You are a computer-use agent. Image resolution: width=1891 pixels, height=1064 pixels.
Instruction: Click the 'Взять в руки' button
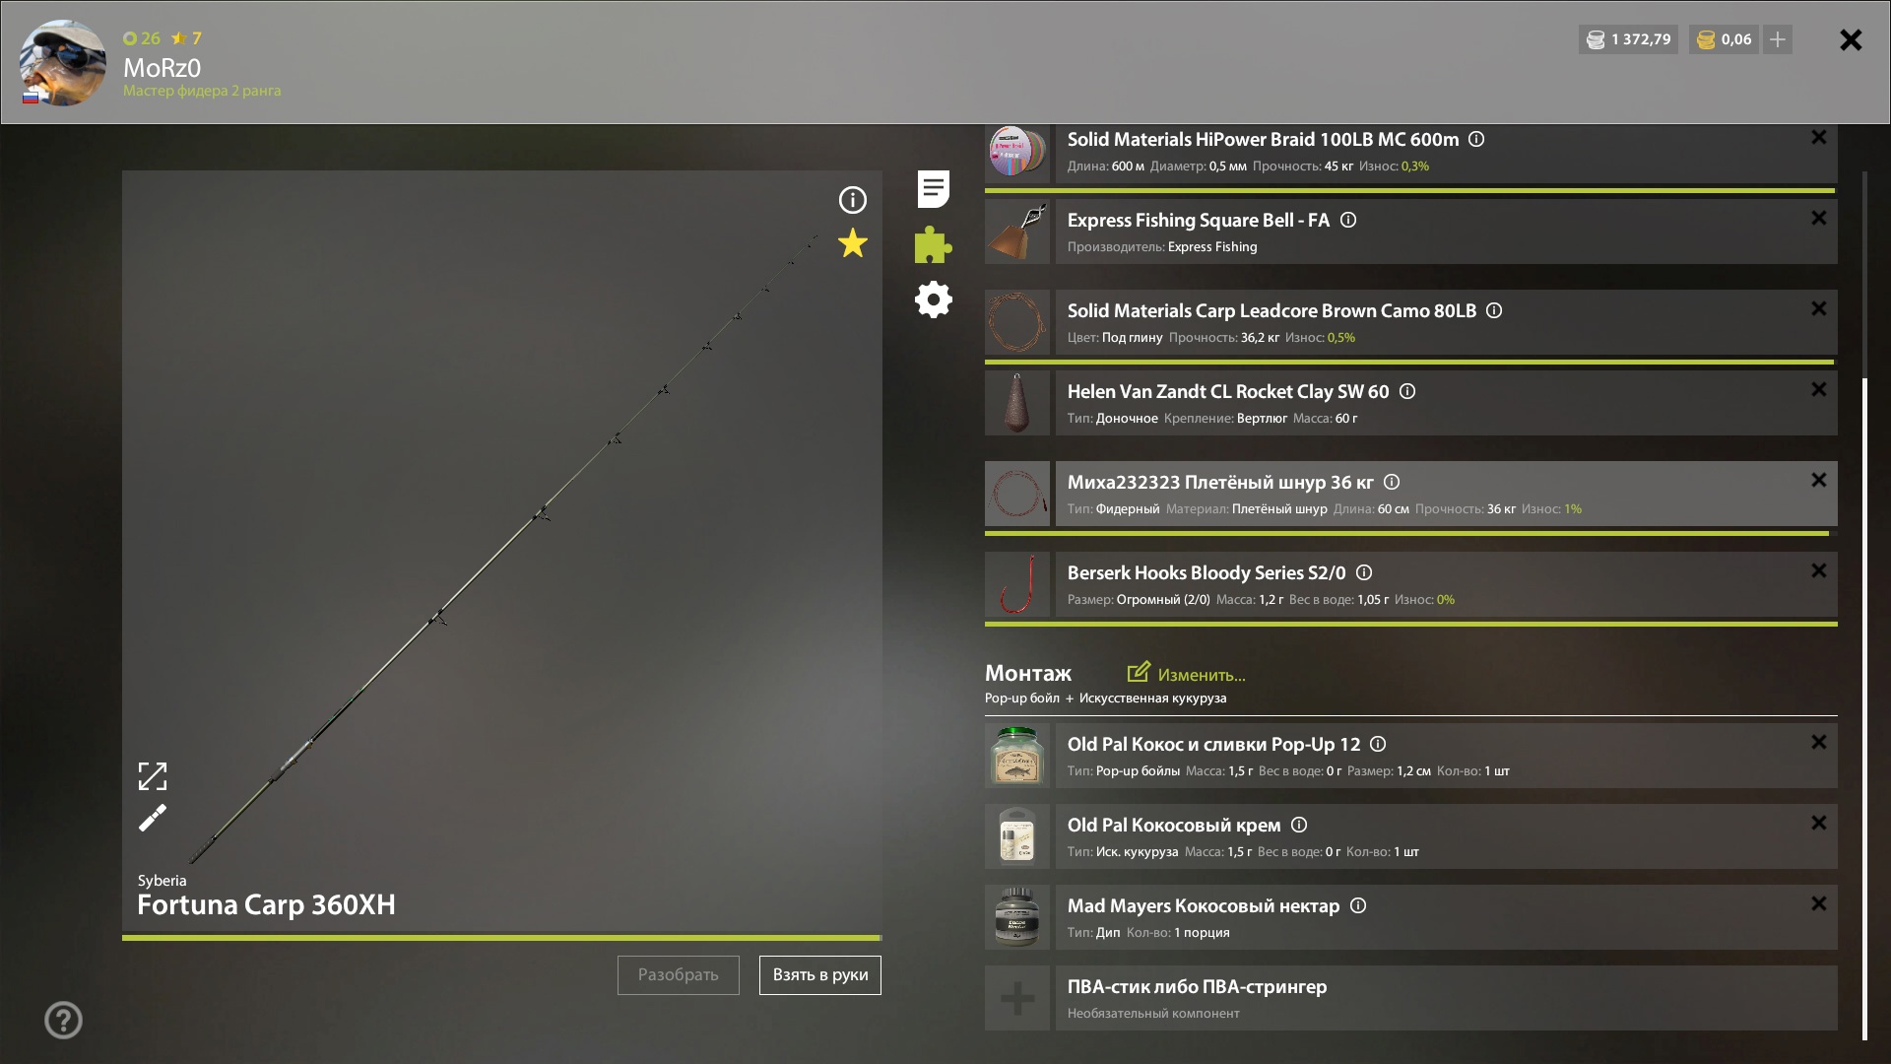click(x=819, y=974)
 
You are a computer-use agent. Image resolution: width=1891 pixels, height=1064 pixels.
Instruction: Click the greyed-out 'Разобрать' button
click(x=678, y=974)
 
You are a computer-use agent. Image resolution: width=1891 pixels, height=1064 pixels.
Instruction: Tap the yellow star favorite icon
click(x=853, y=242)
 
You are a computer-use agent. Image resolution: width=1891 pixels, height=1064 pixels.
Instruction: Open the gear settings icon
click(x=933, y=299)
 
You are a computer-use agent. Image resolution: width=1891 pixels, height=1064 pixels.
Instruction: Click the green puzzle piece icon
click(x=933, y=244)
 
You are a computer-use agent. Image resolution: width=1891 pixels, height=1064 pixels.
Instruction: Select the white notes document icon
click(x=933, y=189)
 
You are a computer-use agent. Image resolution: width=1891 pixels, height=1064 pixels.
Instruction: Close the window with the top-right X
click(x=1851, y=39)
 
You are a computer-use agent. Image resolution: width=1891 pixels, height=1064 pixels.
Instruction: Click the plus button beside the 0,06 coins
click(x=1778, y=39)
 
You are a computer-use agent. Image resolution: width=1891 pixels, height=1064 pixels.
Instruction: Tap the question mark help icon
click(x=63, y=1020)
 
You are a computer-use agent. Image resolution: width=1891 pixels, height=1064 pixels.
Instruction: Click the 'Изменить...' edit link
click(x=1187, y=674)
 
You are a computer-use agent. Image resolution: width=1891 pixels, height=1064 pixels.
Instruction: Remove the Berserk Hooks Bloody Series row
click(x=1818, y=570)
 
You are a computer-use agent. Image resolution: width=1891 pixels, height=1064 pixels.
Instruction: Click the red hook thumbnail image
click(x=1017, y=584)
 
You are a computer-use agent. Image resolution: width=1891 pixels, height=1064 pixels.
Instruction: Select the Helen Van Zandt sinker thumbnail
click(x=1017, y=403)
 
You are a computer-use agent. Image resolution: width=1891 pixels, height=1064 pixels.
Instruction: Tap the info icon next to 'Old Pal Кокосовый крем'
click(x=1299, y=825)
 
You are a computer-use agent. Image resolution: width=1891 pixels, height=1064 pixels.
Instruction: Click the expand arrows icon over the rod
click(x=153, y=776)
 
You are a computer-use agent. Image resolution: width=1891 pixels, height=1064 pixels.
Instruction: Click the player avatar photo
click(x=63, y=63)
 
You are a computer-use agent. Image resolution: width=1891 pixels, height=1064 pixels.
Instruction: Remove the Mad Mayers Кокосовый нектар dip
click(x=1818, y=903)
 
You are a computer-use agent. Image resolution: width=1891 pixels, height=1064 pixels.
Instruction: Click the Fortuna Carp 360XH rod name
click(x=266, y=904)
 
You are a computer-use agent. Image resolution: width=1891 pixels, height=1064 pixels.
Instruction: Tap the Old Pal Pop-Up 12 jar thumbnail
click(x=1017, y=756)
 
